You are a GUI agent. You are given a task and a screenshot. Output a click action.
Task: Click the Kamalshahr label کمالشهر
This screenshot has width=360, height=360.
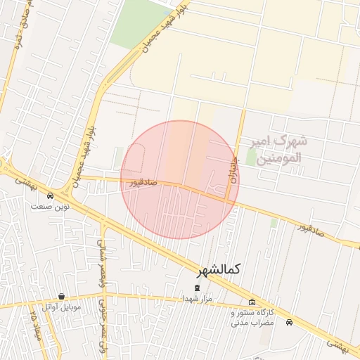tap(215, 270)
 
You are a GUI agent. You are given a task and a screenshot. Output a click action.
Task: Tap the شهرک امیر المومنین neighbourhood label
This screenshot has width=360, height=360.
tap(278, 149)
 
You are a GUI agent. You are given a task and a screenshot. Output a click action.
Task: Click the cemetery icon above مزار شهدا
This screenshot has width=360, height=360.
tap(197, 288)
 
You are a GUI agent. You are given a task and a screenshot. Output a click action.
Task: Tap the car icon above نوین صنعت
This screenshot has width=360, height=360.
tap(51, 195)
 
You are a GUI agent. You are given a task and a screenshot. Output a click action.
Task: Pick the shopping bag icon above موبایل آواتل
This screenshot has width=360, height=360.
tap(62, 297)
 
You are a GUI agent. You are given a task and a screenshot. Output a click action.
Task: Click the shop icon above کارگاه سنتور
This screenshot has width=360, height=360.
tap(252, 303)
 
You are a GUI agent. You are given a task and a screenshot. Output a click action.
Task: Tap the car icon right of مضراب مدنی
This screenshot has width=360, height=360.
tap(290, 322)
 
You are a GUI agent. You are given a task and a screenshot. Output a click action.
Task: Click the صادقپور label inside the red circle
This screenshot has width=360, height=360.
tap(143, 182)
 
